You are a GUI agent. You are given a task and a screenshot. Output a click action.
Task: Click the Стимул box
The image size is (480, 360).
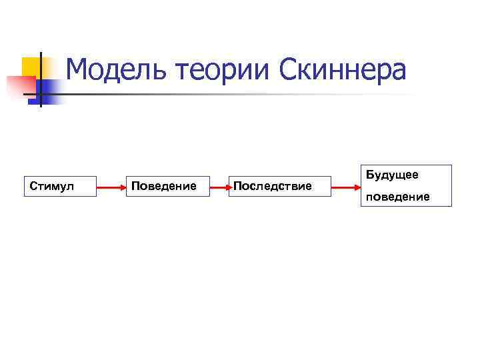pos(59,186)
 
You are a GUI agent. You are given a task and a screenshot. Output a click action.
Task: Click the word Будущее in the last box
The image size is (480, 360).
pos(392,175)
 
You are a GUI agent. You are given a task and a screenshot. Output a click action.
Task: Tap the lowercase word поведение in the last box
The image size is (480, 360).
pos(398,197)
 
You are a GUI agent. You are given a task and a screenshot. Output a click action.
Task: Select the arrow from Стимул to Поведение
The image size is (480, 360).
pos(111,188)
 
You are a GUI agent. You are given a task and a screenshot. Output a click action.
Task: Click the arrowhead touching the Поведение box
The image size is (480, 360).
pos(123,188)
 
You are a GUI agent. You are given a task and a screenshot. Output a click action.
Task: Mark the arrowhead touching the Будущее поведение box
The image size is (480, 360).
pos(355,188)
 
